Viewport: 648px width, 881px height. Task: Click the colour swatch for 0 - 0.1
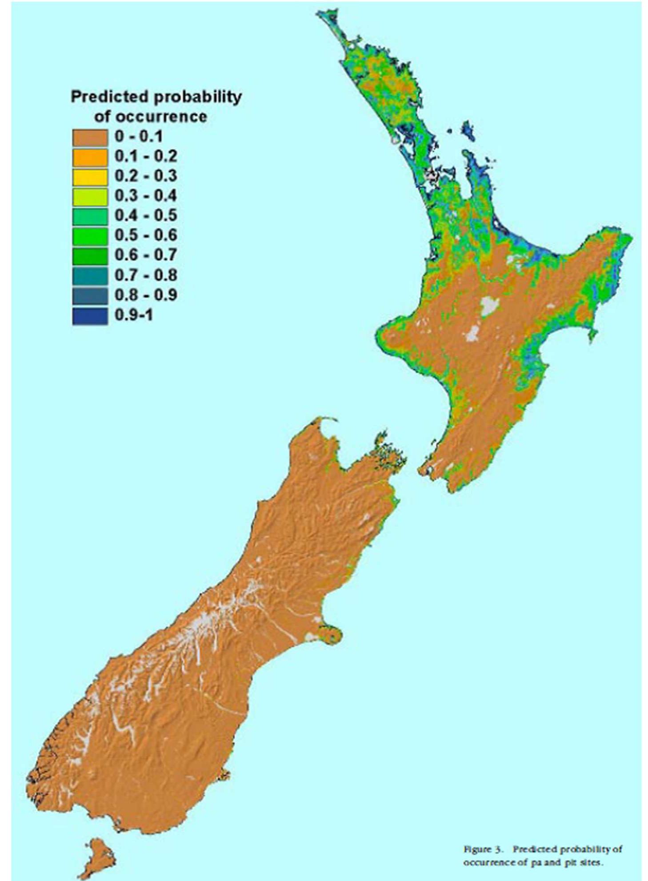[90, 137]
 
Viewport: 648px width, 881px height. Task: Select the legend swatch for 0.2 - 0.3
[90, 177]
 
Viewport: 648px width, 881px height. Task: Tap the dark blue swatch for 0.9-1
[90, 316]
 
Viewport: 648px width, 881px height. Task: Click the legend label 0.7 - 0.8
[146, 276]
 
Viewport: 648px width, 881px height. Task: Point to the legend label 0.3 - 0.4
[146, 196]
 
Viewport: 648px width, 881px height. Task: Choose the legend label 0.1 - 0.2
[146, 156]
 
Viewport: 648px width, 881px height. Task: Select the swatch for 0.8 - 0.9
[90, 296]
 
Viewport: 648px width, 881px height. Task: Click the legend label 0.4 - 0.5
[146, 216]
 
